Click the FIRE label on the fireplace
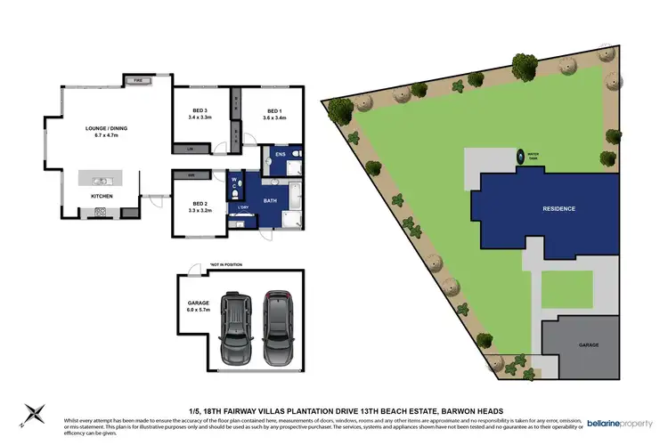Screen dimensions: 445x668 click(x=139, y=81)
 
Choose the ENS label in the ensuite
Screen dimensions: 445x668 click(x=280, y=155)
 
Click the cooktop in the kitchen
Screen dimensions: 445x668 click(x=100, y=212)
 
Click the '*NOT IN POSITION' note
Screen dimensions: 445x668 click(x=226, y=265)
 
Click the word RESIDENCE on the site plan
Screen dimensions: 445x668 click(x=559, y=208)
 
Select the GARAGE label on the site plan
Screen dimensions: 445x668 click(x=587, y=345)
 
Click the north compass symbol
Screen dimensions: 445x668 click(x=36, y=412)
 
